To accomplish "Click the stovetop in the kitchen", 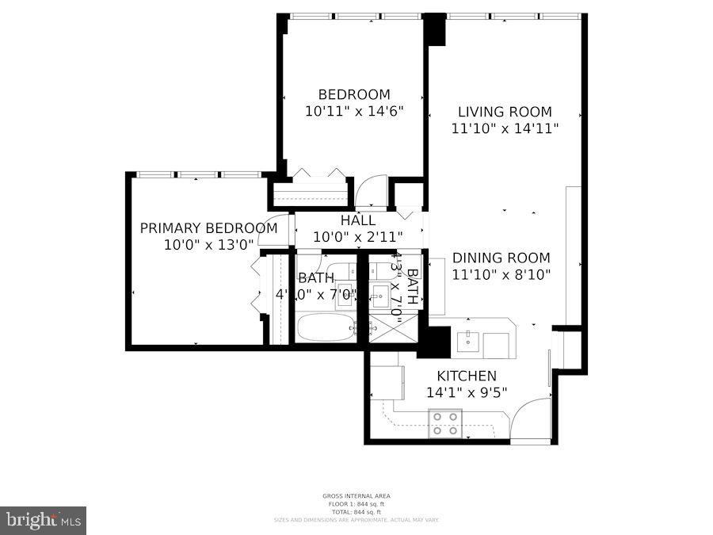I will click(x=445, y=423).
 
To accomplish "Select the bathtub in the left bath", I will click(x=326, y=327).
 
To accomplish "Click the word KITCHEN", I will click(x=467, y=376).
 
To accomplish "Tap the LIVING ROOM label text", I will click(x=505, y=112).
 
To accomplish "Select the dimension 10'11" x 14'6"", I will click(x=354, y=112).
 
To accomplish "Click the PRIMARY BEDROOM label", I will click(x=208, y=228).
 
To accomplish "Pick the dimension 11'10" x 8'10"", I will click(x=501, y=275).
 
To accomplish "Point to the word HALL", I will click(x=358, y=220).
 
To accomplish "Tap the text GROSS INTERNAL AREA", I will click(x=356, y=496).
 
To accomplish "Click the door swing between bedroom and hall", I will click(x=369, y=193).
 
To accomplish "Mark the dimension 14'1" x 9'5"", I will click(x=467, y=392).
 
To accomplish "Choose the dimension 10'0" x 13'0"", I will click(x=208, y=245).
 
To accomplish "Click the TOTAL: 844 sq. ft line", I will click(x=356, y=512).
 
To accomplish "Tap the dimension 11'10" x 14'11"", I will click(x=505, y=128).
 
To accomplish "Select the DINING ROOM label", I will click(x=501, y=258).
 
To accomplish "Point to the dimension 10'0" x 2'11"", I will click(x=358, y=236).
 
